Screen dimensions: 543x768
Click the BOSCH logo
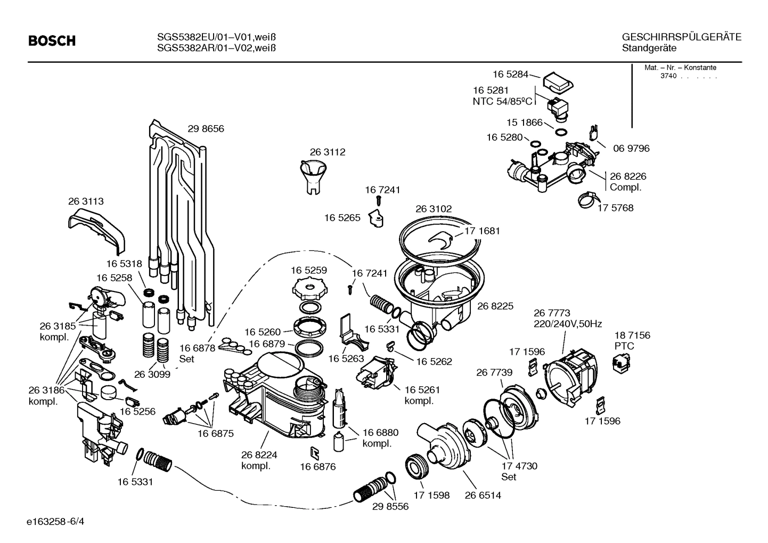coord(52,41)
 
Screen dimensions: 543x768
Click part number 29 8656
coord(206,129)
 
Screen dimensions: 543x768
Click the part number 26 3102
coord(433,209)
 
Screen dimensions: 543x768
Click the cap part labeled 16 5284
coord(557,81)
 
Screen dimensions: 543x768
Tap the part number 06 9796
coord(631,149)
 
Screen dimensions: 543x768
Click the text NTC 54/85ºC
coord(502,101)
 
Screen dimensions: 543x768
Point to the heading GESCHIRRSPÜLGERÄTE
coord(681,37)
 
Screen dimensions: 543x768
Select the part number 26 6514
coord(483,495)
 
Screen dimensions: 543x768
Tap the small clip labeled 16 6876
coord(315,452)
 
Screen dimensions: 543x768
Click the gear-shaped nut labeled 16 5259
coord(308,291)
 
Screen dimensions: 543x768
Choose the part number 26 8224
coord(259,455)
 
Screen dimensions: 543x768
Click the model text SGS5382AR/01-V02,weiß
coord(216,48)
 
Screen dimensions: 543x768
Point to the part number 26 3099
coord(152,375)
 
